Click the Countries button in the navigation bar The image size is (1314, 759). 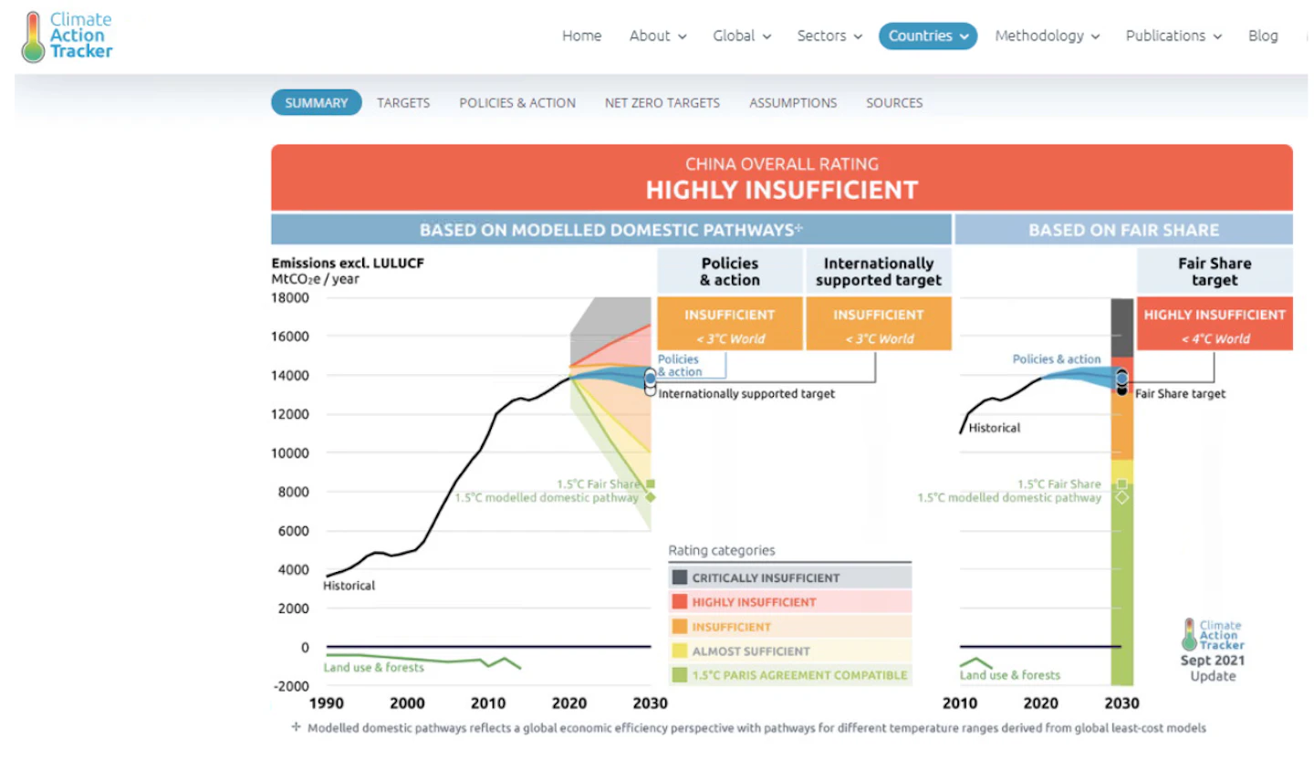click(927, 36)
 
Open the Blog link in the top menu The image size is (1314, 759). click(1263, 36)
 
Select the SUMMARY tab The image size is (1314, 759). click(316, 103)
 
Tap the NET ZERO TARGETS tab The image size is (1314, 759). click(662, 103)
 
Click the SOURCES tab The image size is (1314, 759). click(894, 103)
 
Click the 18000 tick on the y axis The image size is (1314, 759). click(290, 298)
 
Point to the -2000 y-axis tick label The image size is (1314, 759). click(291, 686)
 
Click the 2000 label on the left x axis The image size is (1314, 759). click(407, 702)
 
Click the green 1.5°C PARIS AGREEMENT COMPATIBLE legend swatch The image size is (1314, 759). click(679, 675)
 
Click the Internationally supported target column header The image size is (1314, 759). click(878, 272)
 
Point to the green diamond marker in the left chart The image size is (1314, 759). click(651, 497)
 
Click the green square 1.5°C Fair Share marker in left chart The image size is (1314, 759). click(651, 483)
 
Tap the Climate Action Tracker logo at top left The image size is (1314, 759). click(67, 36)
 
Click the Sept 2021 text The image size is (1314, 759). click(1213, 660)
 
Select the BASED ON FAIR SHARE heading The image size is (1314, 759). click(1123, 230)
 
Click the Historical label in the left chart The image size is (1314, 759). click(349, 586)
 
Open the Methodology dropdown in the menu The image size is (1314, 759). click(1048, 36)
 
